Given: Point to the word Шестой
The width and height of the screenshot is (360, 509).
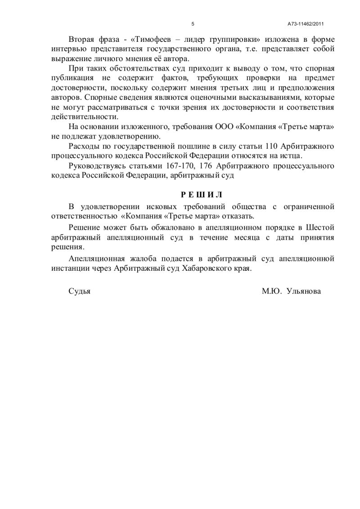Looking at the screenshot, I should click(x=321, y=228).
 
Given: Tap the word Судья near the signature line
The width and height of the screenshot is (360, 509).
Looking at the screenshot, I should click(x=80, y=291).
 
